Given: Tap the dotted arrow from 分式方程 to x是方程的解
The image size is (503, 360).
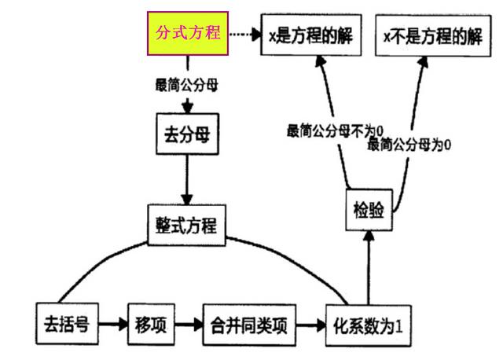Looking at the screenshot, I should (244, 35).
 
